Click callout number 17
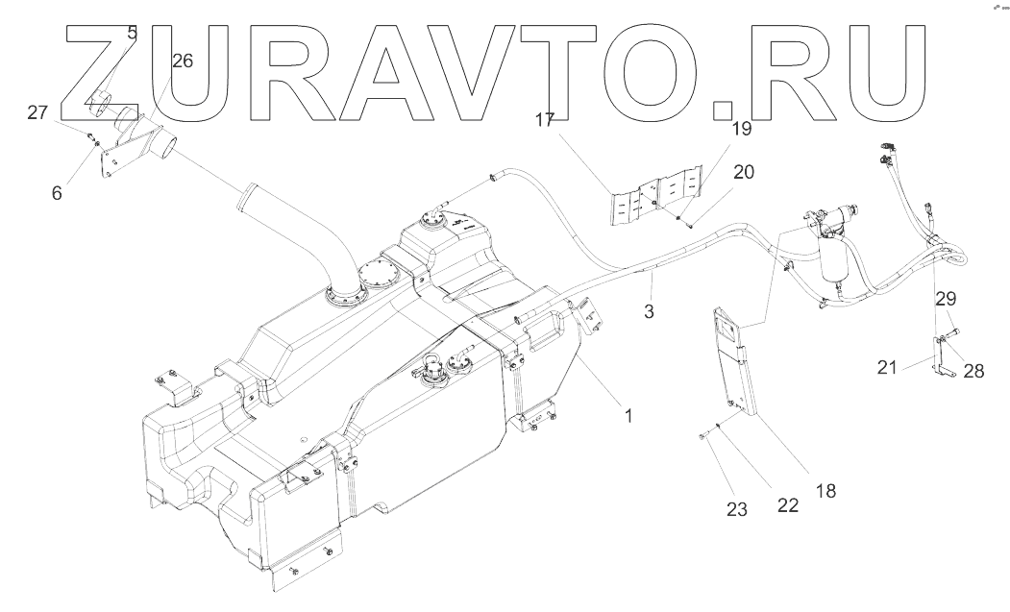(545, 120)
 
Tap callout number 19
(741, 128)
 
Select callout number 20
(744, 172)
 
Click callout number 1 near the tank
(628, 416)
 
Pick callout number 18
(825, 490)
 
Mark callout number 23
(736, 510)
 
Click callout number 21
(887, 365)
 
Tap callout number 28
(973, 371)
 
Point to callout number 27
(37, 113)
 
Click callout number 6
(57, 192)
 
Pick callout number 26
(182, 61)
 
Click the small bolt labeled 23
(704, 436)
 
